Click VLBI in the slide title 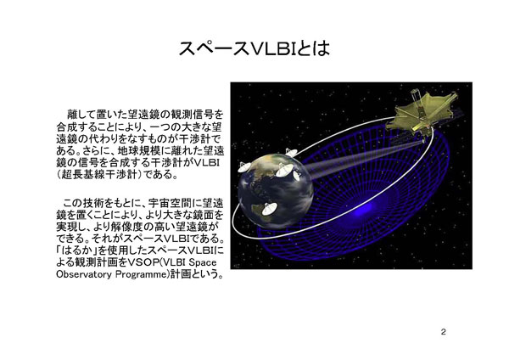[272, 48]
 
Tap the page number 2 [443, 332]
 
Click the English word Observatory [84, 274]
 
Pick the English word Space [203, 262]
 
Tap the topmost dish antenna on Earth [291, 152]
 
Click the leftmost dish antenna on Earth [244, 166]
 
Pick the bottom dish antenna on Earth [269, 209]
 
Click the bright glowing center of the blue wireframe [361, 211]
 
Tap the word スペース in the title [215, 48]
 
